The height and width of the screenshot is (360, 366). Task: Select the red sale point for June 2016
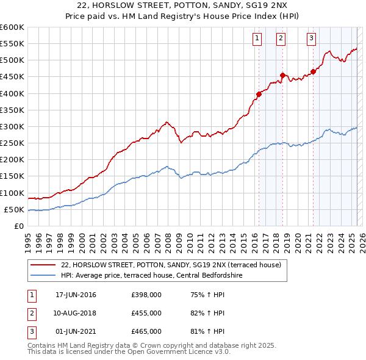coord(259,94)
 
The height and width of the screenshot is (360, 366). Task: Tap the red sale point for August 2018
coord(282,75)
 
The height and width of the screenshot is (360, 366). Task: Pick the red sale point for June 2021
coord(313,71)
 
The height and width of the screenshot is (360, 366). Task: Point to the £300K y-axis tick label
coord(12,126)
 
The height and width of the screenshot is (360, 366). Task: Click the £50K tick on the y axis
coord(14,209)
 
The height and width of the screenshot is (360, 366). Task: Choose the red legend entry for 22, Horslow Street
coord(171,265)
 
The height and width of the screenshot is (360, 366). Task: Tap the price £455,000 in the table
coord(146,313)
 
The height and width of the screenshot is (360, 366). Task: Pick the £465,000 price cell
coord(146,331)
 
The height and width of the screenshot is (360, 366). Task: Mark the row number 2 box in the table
coord(30,313)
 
